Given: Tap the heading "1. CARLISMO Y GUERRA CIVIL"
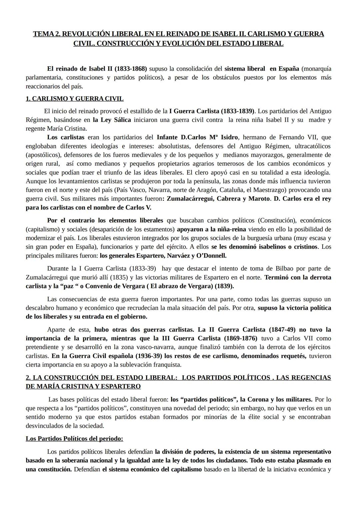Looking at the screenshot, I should coord(75,99).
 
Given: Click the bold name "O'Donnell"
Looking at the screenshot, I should coord(211,256).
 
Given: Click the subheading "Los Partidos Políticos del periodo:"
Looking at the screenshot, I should coord(74,439).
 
